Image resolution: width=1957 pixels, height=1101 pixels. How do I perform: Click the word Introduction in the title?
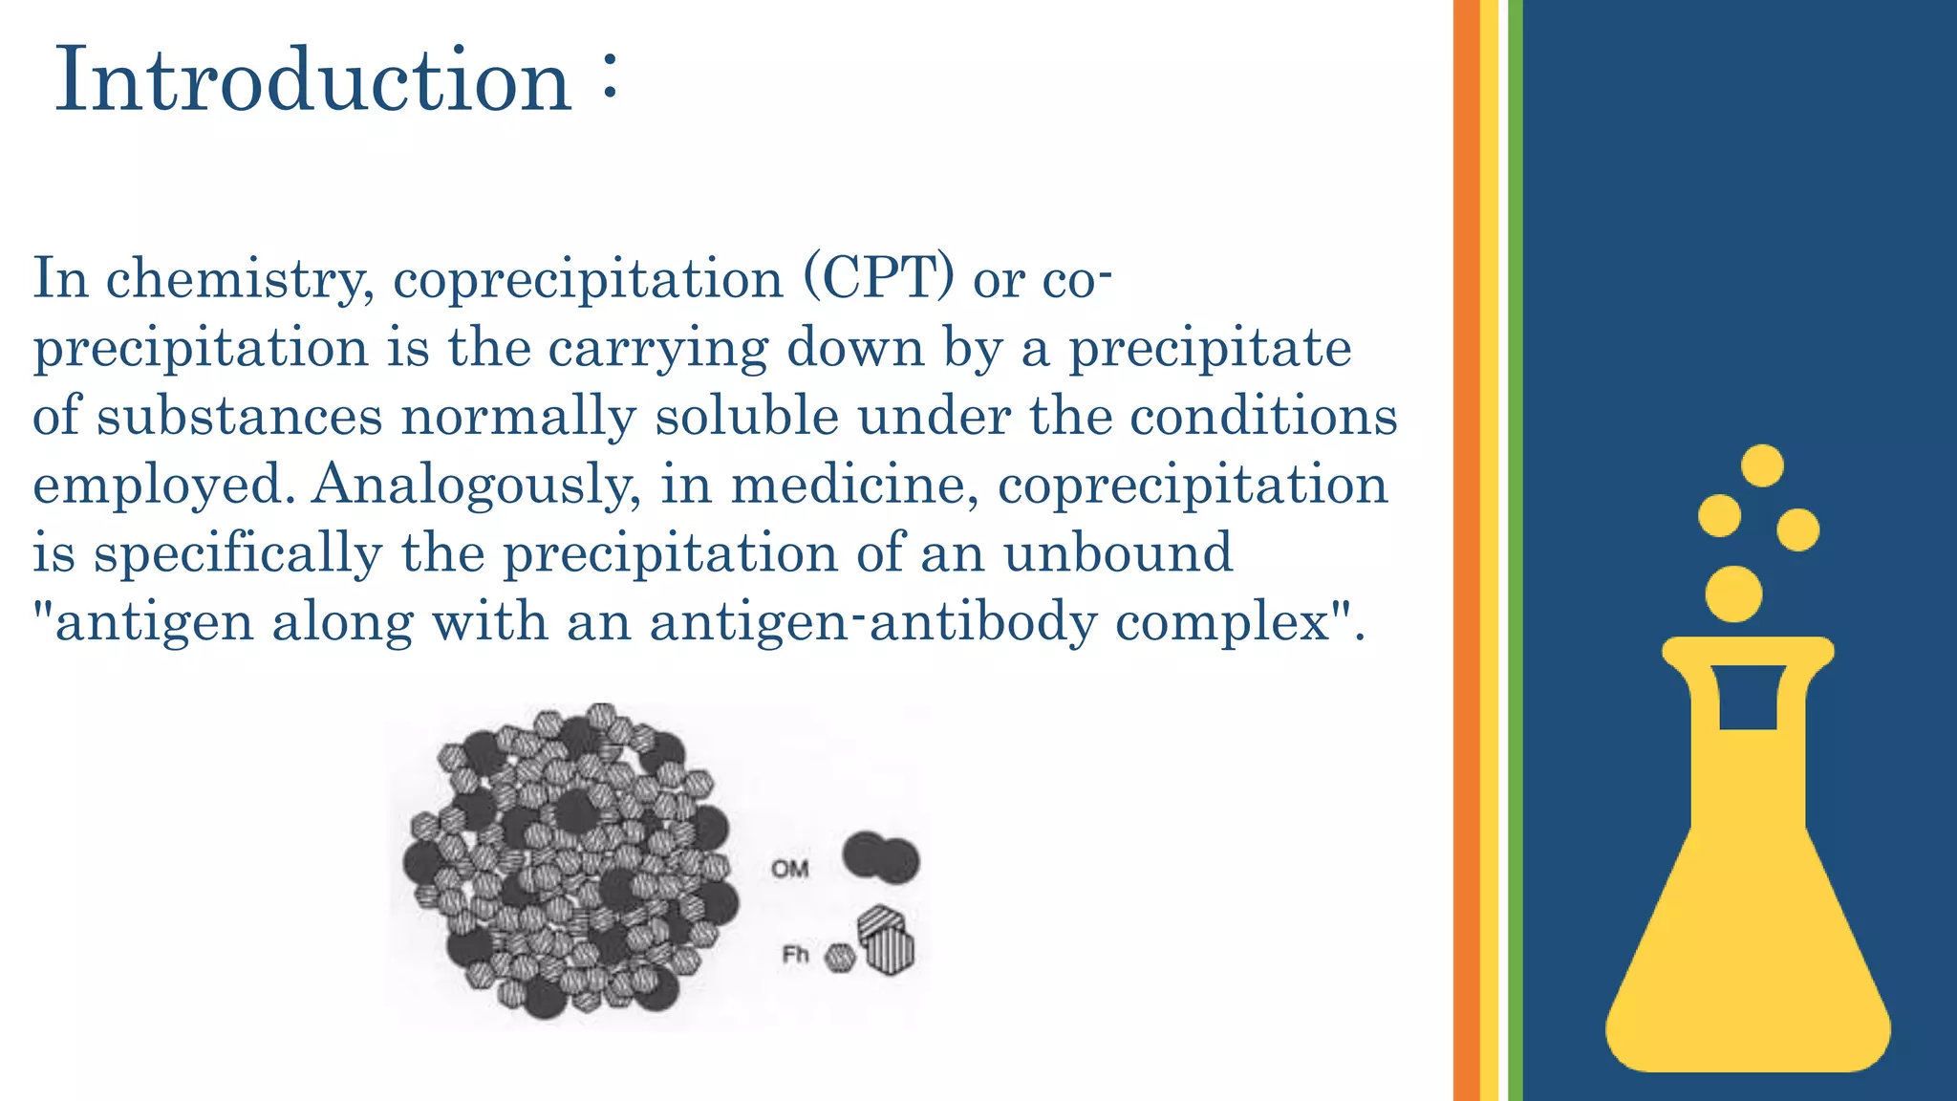pyautogui.click(x=313, y=80)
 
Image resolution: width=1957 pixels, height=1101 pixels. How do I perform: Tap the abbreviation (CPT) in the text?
pyautogui.click(x=878, y=278)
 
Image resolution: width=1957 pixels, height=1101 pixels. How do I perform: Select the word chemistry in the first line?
pyautogui.click(x=240, y=280)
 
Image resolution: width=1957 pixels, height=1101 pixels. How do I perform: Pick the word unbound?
pyautogui.click(x=1118, y=553)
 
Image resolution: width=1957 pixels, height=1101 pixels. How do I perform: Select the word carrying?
pyautogui.click(x=657, y=349)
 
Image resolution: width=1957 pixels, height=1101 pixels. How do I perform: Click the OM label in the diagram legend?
pyautogui.click(x=790, y=869)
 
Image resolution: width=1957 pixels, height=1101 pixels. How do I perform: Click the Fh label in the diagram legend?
pyautogui.click(x=795, y=954)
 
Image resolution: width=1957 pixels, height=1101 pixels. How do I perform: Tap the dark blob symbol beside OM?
pyautogui.click(x=880, y=857)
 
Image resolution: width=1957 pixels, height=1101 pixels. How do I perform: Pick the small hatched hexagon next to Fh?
pyautogui.click(x=840, y=958)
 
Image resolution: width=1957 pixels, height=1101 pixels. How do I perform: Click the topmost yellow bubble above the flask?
pyautogui.click(x=1762, y=466)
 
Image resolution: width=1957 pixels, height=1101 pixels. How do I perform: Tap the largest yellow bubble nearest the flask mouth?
pyautogui.click(x=1733, y=594)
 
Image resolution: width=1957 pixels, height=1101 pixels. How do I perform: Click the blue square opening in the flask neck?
pyautogui.click(x=1748, y=697)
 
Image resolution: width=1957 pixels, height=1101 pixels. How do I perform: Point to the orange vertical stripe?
pyautogui.click(x=1466, y=550)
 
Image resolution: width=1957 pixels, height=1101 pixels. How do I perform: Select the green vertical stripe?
pyautogui.click(x=1515, y=550)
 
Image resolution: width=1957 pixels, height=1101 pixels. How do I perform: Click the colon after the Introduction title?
pyautogui.click(x=611, y=80)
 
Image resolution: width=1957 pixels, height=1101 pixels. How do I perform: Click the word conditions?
pyautogui.click(x=1263, y=416)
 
